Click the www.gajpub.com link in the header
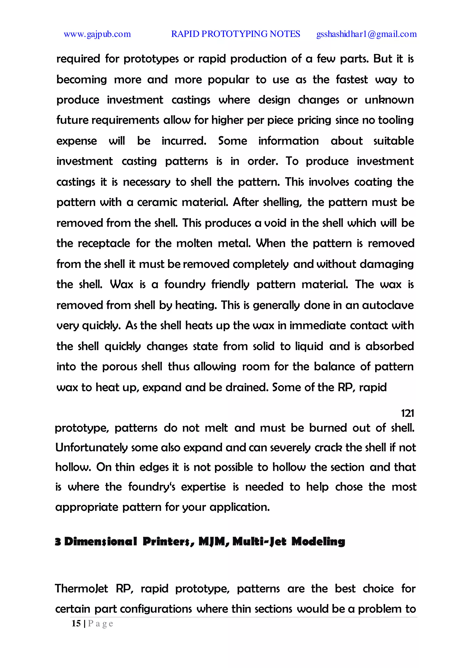coord(97,34)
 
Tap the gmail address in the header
coord(366,34)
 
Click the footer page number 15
coord(76,623)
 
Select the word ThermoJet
coord(81,588)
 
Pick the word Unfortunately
coord(92,448)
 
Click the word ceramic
coord(157,202)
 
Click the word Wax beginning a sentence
coord(121,284)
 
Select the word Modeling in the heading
coord(318,542)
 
